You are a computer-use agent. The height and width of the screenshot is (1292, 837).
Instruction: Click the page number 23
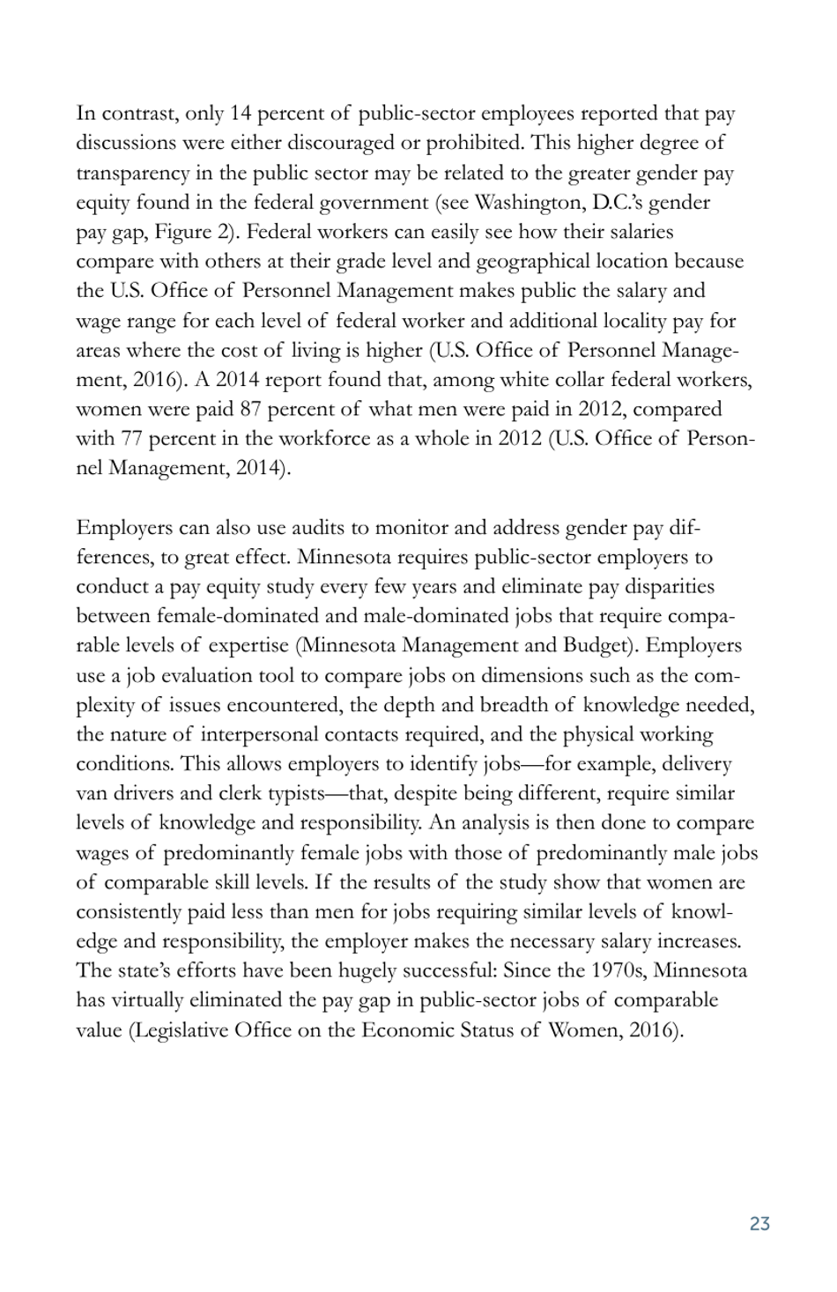[759, 1223]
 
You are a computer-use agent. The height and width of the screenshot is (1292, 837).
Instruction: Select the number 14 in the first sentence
[241, 114]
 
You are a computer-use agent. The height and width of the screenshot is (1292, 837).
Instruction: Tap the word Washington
[522, 203]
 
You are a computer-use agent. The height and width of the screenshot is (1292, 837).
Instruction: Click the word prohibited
[472, 143]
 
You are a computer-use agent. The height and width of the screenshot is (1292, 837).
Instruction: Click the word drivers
[144, 794]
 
